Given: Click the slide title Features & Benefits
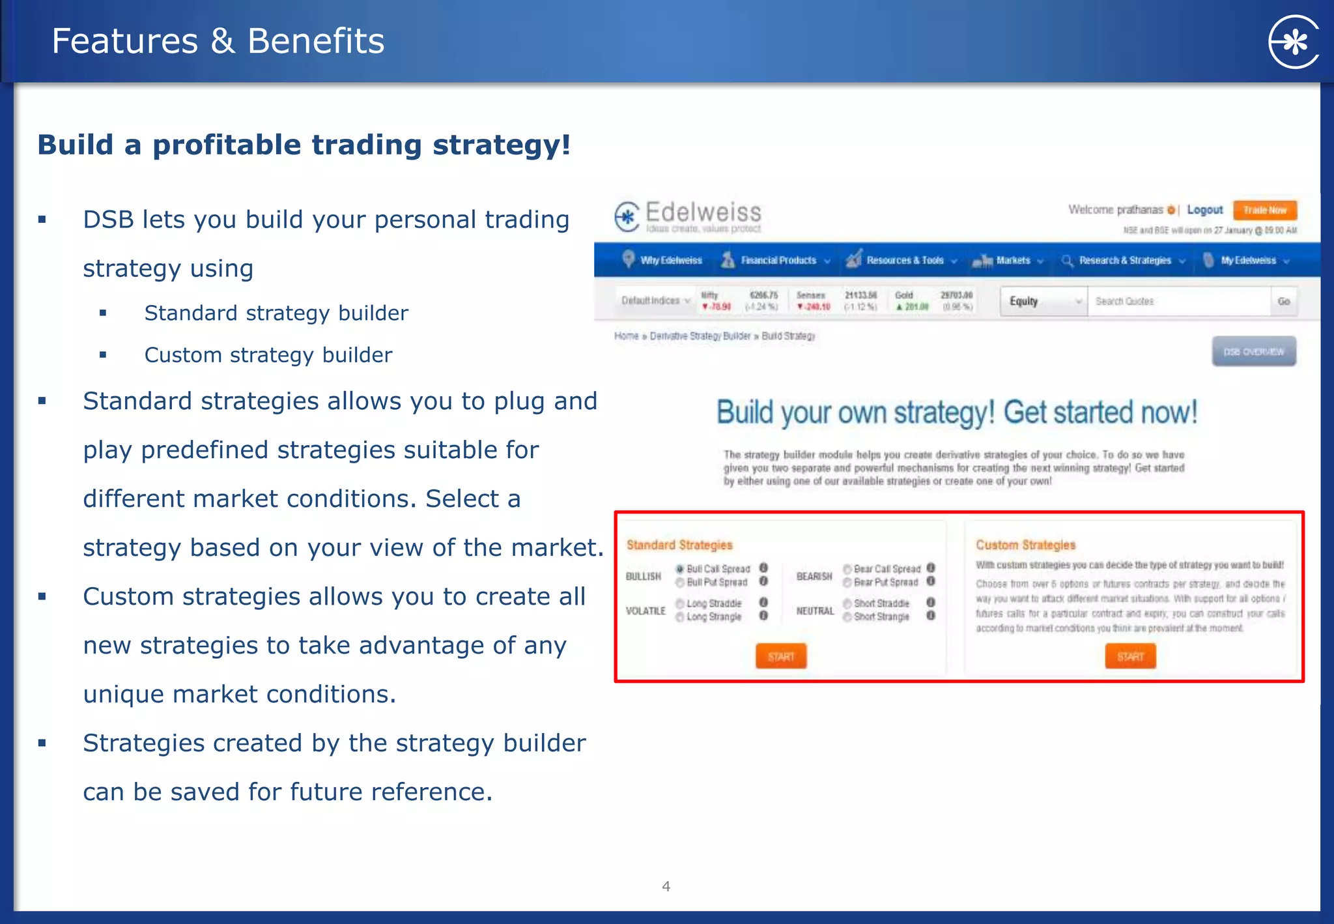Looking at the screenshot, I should pos(218,41).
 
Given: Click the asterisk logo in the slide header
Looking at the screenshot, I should pos(1294,42).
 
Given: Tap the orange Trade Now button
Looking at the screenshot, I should pos(1264,210).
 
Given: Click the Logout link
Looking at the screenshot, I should pos(1204,210).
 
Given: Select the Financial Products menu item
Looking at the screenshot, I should pos(778,261).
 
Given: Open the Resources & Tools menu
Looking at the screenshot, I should pos(904,261).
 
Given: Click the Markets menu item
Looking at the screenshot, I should pos(1013,261).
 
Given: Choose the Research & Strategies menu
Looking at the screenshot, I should pos(1124,261).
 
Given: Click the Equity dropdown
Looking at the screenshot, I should pos(1043,301).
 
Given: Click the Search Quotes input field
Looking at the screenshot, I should pos(1178,301).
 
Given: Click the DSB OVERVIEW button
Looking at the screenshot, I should pos(1253,352).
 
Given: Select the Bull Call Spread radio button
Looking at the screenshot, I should pos(680,569).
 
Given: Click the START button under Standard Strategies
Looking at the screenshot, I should pos(781,656).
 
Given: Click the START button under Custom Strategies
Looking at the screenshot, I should pos(1130,656).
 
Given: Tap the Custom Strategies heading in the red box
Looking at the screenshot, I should pos(1025,545).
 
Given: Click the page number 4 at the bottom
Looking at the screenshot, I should pos(666,886).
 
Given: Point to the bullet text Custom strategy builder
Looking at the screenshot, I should pos(268,355).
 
